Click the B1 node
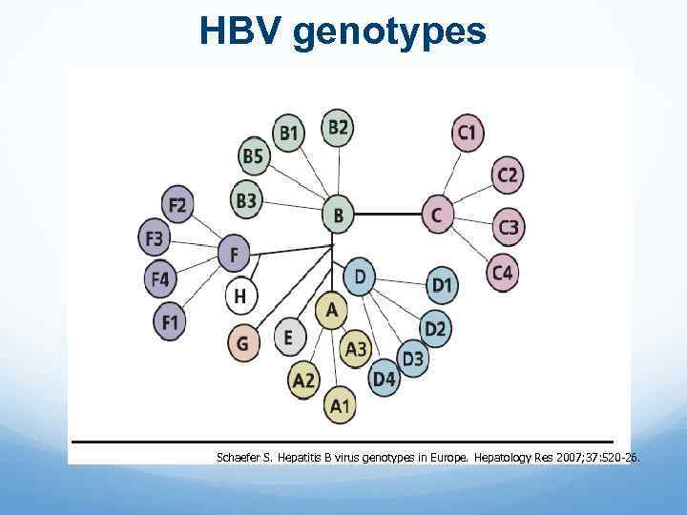tap(289, 132)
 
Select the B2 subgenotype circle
tap(338, 127)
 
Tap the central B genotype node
tap(337, 216)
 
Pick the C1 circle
tap(467, 132)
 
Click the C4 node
tap(502, 274)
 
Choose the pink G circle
tap(243, 341)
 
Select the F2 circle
tap(177, 204)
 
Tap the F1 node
tap(170, 322)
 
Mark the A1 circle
tap(340, 407)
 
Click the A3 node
tap(356, 349)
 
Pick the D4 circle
tap(384, 380)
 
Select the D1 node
tap(441, 284)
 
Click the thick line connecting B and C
tap(386, 215)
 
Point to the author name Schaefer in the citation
tap(242, 458)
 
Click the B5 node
tap(253, 155)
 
